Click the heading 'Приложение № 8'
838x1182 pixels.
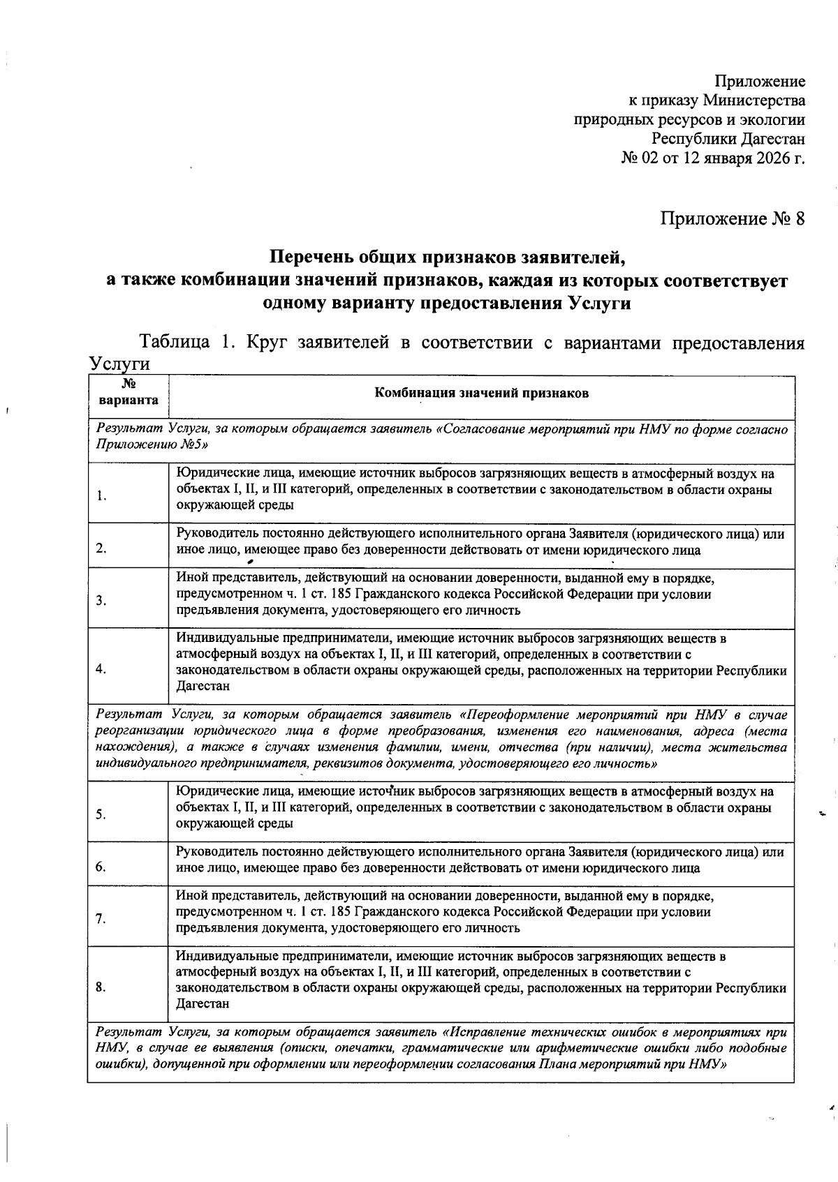click(x=732, y=218)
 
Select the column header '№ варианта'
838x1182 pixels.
click(x=128, y=393)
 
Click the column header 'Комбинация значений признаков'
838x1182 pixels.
click(x=481, y=393)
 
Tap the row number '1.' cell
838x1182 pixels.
click(x=102, y=496)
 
